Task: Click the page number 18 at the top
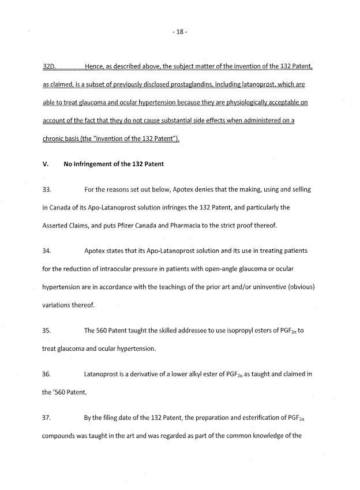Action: point(179,32)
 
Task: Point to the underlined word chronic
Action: point(55,139)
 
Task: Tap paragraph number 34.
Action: point(47,252)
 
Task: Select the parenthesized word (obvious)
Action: point(299,287)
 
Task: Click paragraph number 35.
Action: point(47,331)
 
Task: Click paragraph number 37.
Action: point(47,418)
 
